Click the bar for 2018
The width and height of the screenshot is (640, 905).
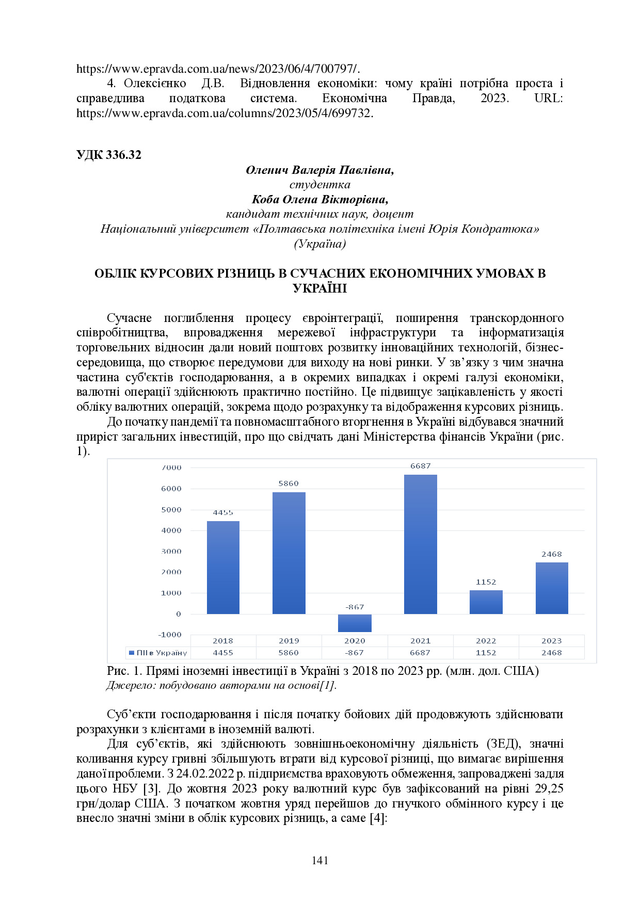point(223,568)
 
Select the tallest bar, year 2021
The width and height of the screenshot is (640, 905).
point(420,544)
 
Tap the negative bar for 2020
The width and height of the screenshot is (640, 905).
point(355,623)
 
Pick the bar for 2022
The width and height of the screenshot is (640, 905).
point(486,602)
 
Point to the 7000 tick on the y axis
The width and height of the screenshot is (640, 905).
point(171,468)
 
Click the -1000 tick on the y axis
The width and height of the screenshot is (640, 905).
point(170,635)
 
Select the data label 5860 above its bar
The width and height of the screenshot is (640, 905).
point(289,483)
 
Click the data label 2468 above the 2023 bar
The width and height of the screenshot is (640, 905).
point(551,554)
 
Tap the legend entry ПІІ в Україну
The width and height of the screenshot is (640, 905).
point(158,653)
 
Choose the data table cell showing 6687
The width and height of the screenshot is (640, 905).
point(420,653)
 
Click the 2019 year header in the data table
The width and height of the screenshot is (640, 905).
point(289,641)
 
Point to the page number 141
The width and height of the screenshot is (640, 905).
point(320,860)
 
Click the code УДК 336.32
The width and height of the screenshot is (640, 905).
point(108,155)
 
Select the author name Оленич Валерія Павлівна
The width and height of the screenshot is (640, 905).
point(319,170)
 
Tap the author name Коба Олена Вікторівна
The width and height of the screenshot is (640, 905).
point(319,199)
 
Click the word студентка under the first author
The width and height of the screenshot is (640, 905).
point(319,185)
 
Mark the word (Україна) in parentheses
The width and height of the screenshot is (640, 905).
point(319,244)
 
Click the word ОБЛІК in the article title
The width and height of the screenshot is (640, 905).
point(116,273)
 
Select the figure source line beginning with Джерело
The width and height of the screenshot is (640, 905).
point(221,685)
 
